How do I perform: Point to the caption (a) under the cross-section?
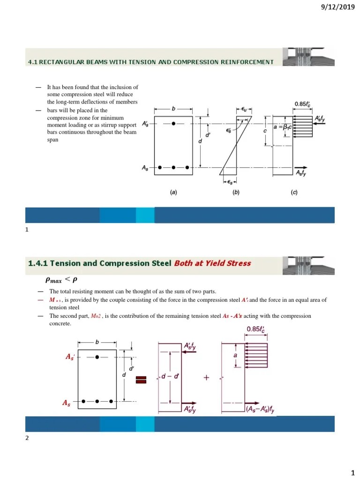click(173, 192)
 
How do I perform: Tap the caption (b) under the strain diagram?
click(236, 192)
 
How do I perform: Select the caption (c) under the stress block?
click(294, 192)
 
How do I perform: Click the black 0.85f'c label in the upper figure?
click(305, 104)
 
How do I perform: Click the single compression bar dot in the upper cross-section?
click(173, 124)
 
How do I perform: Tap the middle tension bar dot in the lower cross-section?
click(97, 401)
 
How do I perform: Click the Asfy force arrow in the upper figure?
click(301, 168)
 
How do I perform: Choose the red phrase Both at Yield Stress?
click(212, 263)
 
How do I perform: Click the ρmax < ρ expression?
click(58, 280)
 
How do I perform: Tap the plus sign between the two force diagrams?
click(206, 380)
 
